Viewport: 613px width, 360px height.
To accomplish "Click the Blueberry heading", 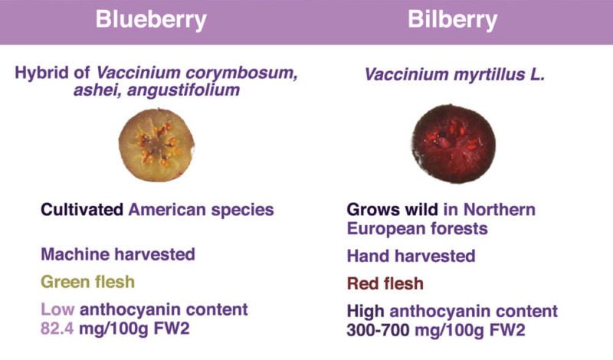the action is coord(151,20).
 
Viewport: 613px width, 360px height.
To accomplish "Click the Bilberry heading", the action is coord(452,20).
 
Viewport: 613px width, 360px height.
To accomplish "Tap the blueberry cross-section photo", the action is coord(156,145).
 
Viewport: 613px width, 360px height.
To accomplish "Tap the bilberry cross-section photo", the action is coord(454,143).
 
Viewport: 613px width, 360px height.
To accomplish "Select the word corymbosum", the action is coord(241,73).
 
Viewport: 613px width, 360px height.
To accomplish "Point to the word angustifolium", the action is coord(183,90).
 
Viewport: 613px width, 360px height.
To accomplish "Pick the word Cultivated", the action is coord(82,210).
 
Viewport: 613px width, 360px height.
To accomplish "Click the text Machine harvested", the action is coord(118,254).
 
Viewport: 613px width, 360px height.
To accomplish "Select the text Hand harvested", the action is coord(411,256).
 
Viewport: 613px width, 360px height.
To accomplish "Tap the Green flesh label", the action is coord(87,282).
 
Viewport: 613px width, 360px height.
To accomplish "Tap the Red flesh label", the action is coord(385,283).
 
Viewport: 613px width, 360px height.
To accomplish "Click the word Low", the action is coord(57,309).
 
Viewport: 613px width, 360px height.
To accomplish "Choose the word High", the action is coord(366,312).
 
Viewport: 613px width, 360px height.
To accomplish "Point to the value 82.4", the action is coord(57,329).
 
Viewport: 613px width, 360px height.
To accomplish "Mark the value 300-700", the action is coord(378,330).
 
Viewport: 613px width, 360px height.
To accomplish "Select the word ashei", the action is coord(97,90).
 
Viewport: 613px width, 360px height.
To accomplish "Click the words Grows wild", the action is coord(392,210).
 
